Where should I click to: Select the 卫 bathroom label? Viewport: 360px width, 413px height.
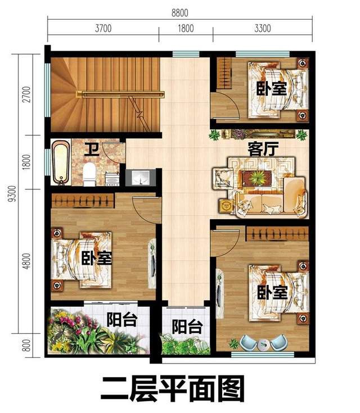(91, 149)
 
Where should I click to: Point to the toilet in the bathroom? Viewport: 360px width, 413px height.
(88, 175)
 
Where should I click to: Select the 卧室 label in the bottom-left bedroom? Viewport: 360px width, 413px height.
(96, 259)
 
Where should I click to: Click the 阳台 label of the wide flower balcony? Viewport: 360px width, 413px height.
(122, 320)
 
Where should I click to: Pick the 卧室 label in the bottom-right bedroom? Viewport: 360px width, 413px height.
(273, 293)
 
